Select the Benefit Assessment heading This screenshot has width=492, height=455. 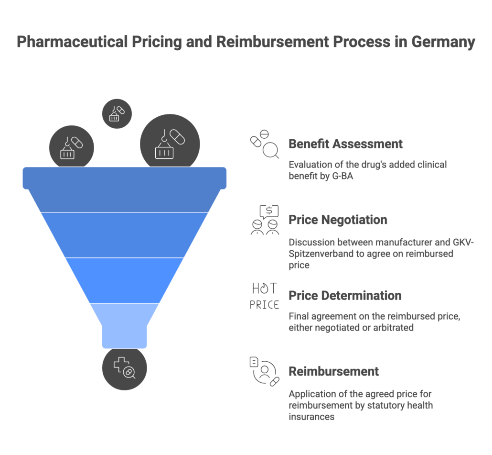[x=345, y=144]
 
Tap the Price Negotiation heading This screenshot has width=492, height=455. [x=338, y=220]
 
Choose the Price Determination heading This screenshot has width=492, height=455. [x=345, y=295]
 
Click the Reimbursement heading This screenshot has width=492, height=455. [x=333, y=371]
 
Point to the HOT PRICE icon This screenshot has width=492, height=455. [x=264, y=296]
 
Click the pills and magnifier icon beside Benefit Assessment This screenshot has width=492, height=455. [x=265, y=144]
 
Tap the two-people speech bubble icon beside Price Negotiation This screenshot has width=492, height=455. [x=265, y=220]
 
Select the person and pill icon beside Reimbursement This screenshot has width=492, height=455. [x=265, y=371]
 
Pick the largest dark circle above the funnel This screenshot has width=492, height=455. [x=170, y=142]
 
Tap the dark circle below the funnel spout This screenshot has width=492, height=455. [x=124, y=368]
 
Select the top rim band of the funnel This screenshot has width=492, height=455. [x=124, y=178]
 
